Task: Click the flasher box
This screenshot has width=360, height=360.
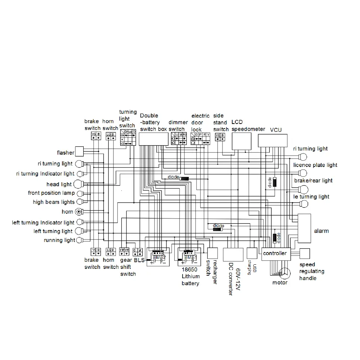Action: pos(80,151)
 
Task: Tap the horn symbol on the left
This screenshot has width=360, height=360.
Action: pos(79,212)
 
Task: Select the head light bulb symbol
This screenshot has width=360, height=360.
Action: pos(78,184)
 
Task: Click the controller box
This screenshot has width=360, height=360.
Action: pos(274,254)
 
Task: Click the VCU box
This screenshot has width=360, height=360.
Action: pos(273,140)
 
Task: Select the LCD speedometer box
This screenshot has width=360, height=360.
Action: pos(242,141)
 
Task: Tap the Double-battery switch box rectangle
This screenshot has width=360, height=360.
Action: pos(154,139)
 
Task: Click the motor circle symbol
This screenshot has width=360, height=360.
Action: pos(285,273)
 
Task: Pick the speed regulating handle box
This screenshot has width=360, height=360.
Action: pos(304,254)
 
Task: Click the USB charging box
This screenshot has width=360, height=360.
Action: pos(252,253)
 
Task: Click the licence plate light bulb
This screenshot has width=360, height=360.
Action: pos(303,173)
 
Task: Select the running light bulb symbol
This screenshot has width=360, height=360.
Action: pos(79,240)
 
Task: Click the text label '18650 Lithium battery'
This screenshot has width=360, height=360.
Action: pos(190,277)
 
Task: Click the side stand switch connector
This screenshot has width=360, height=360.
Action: pos(220,137)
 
